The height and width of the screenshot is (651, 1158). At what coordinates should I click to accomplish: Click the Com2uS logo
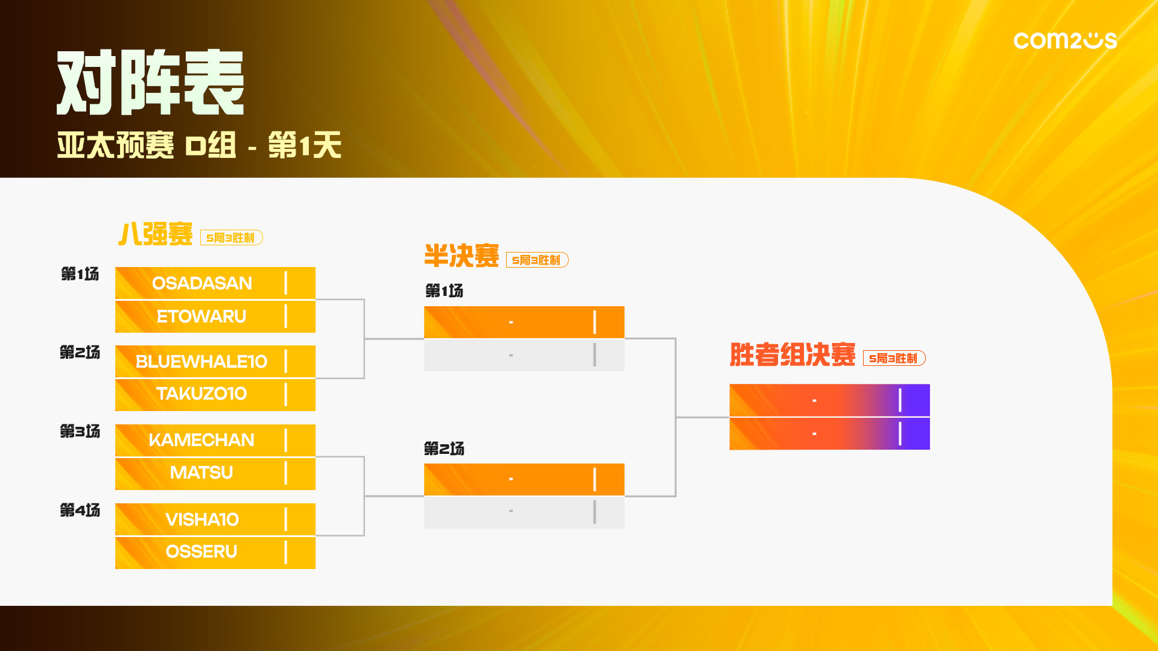pyautogui.click(x=1065, y=40)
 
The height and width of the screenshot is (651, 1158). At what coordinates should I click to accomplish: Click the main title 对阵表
pyautogui.click(x=150, y=83)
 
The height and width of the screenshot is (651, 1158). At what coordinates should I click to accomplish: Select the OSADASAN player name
pyautogui.click(x=202, y=283)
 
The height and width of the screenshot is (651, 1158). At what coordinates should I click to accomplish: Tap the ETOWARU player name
pyautogui.click(x=201, y=316)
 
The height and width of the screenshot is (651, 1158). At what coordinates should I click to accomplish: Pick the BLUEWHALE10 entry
pyautogui.click(x=201, y=362)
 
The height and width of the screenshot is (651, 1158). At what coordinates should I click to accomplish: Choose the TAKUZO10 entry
pyautogui.click(x=201, y=394)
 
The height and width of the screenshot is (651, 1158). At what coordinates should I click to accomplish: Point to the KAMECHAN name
pyautogui.click(x=201, y=440)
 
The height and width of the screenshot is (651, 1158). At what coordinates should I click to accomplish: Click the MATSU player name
pyautogui.click(x=201, y=473)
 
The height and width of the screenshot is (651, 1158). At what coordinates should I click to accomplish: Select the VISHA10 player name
pyautogui.click(x=202, y=520)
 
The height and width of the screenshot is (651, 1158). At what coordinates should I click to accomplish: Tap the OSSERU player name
pyautogui.click(x=201, y=552)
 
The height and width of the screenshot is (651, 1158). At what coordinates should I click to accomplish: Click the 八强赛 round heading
pyautogui.click(x=156, y=234)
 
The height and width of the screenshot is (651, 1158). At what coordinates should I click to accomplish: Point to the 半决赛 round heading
pyautogui.click(x=461, y=256)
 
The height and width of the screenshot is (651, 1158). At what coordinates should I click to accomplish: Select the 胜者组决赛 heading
pyautogui.click(x=793, y=354)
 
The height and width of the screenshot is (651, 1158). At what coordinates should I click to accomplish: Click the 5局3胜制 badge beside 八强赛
pyautogui.click(x=231, y=238)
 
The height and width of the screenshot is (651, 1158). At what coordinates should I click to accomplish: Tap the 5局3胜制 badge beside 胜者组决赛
pyautogui.click(x=894, y=359)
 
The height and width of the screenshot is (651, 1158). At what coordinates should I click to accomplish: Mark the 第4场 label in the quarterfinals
pyautogui.click(x=80, y=511)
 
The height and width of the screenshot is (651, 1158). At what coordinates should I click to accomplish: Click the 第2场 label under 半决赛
pyautogui.click(x=444, y=449)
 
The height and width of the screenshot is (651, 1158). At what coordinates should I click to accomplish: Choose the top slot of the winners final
pyautogui.click(x=829, y=400)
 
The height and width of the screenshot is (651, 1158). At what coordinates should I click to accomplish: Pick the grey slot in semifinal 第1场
pyautogui.click(x=524, y=356)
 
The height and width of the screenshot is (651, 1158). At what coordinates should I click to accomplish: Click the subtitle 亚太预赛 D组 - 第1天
pyautogui.click(x=199, y=145)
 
